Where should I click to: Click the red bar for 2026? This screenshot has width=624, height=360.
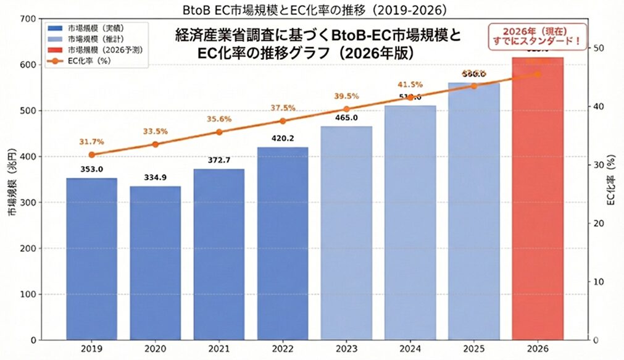pos(538,198)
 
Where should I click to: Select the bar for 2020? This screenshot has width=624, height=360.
pos(155,262)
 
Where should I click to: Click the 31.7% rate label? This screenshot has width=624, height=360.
pos(91,142)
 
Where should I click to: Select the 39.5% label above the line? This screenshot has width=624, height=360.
pos(346,96)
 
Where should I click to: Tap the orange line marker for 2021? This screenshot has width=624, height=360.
pos(219,132)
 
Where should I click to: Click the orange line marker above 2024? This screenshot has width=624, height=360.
pos(410,97)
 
